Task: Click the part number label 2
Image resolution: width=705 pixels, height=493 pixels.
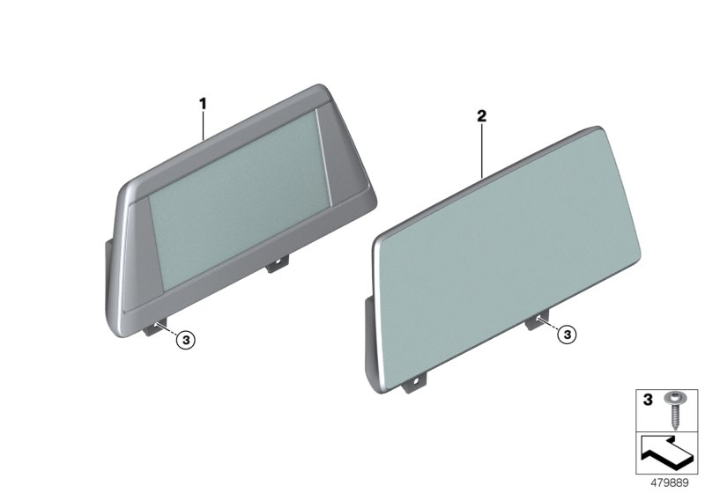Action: coord(481,115)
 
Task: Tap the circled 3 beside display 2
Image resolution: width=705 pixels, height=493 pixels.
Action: coord(568,334)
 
